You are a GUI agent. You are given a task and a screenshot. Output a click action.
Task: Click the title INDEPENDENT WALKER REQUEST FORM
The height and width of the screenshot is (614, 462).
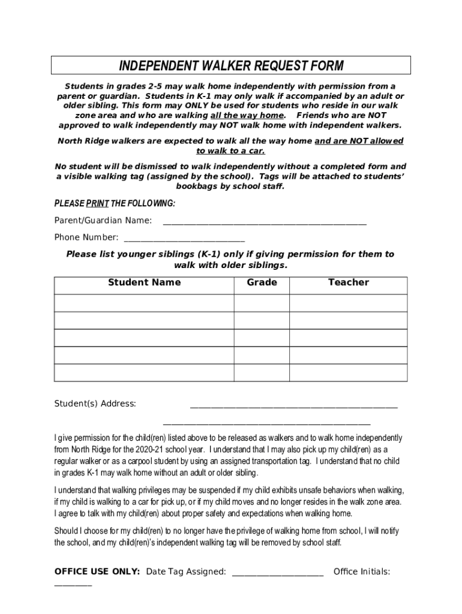pyautogui.click(x=231, y=65)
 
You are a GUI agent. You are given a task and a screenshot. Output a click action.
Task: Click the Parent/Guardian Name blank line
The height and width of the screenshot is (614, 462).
pyautogui.click(x=265, y=221)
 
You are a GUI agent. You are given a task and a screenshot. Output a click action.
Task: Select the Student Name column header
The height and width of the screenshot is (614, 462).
pyautogui.click(x=144, y=282)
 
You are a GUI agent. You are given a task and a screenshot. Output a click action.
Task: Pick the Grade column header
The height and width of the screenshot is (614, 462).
pyautogui.click(x=262, y=282)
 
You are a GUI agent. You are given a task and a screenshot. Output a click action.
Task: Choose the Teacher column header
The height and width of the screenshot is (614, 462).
pyautogui.click(x=348, y=282)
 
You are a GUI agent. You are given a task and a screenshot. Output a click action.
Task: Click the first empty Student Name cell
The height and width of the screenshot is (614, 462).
pyautogui.click(x=144, y=303)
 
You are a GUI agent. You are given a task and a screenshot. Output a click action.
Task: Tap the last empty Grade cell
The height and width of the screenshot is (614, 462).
pyautogui.click(x=262, y=372)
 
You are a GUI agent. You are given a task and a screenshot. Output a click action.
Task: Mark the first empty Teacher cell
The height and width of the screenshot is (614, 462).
pyautogui.click(x=348, y=303)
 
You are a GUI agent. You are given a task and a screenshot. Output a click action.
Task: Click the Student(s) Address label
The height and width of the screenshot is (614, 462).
pyautogui.click(x=95, y=404)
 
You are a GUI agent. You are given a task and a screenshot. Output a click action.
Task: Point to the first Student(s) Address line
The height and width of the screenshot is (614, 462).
pyautogui.click(x=293, y=405)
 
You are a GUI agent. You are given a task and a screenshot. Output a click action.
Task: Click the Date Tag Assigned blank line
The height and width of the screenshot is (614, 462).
pyautogui.click(x=277, y=573)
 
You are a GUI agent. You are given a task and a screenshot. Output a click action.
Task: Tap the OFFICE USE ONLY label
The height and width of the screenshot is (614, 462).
pyautogui.click(x=97, y=571)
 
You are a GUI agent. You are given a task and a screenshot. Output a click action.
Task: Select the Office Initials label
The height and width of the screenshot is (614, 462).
pyautogui.click(x=361, y=571)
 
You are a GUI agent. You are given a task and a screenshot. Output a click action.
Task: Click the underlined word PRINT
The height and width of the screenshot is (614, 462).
pyautogui.click(x=98, y=204)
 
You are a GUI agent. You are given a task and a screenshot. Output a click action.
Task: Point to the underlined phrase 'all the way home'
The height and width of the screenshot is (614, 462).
pyautogui.click(x=247, y=115)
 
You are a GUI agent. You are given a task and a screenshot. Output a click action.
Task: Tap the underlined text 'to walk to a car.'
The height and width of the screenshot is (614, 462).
pyautogui.click(x=230, y=151)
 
